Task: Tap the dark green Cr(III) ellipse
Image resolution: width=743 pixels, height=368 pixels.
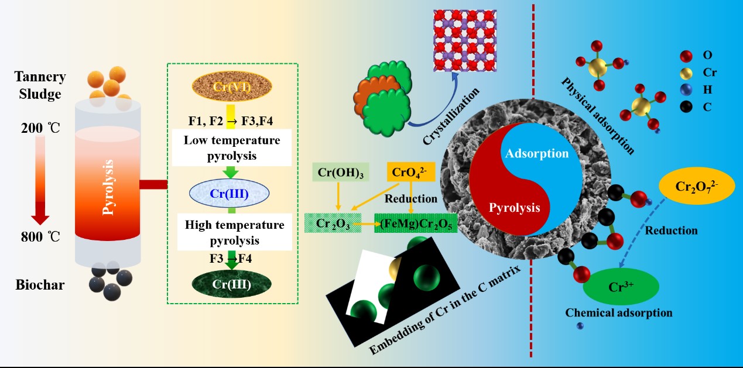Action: tap(232, 285)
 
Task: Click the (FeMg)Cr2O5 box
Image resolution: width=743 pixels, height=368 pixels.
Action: tap(415, 223)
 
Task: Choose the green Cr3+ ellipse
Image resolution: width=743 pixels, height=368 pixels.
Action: tap(621, 287)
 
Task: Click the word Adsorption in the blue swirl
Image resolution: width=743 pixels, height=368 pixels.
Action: tap(537, 154)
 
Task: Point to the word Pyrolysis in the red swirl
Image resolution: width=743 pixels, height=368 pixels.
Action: tap(515, 207)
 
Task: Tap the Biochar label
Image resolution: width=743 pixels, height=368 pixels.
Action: tap(40, 286)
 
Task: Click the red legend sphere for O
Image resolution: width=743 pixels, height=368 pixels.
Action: tap(686, 57)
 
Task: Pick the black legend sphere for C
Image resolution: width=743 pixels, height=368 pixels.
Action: tap(686, 106)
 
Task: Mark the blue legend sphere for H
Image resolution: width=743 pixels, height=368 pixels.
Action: tap(686, 90)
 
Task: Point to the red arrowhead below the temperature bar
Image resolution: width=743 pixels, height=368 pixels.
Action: tap(40, 219)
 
